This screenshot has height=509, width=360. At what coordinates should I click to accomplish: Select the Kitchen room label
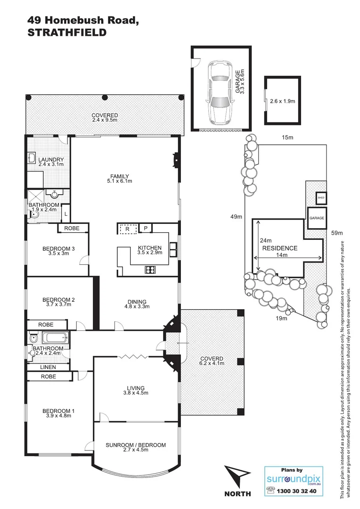[x=149, y=248]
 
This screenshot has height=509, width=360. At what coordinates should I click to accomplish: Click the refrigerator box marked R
[x=127, y=229]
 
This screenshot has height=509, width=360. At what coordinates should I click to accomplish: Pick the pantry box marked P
[x=146, y=229]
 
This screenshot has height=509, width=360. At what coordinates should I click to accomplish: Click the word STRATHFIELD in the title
[x=66, y=33]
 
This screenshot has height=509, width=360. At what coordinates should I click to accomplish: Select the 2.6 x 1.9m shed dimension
[x=281, y=100]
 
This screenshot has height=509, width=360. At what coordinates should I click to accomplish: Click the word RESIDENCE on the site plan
[x=279, y=248]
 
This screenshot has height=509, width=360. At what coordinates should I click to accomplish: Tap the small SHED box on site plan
[x=321, y=198]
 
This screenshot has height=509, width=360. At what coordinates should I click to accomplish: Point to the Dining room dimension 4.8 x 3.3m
[x=136, y=307]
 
